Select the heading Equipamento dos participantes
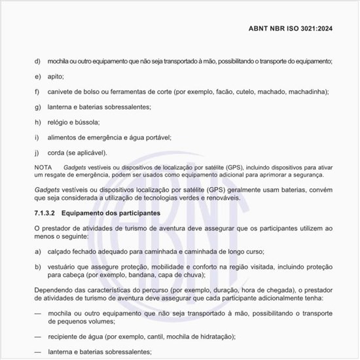[x=118, y=213]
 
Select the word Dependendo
[x=56, y=291]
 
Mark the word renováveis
[x=223, y=198]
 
